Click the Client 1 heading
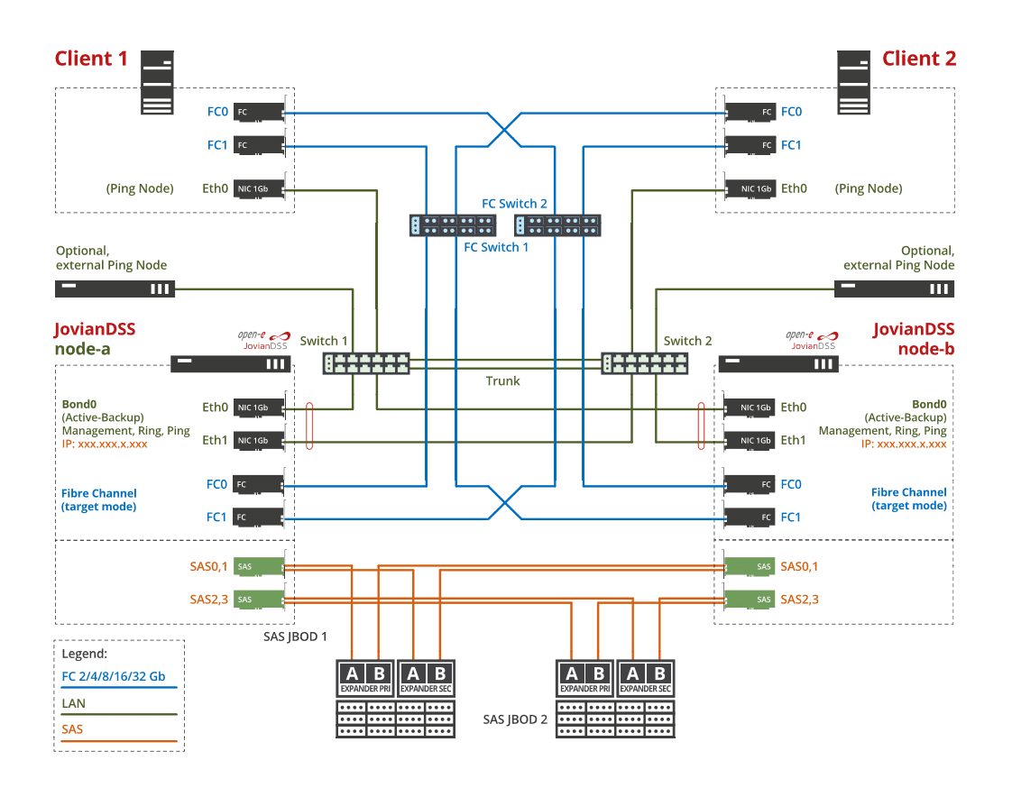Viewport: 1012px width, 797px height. pyautogui.click(x=91, y=59)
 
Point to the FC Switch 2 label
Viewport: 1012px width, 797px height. pyautogui.click(x=514, y=204)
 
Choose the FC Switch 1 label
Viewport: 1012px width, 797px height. pyautogui.click(x=496, y=247)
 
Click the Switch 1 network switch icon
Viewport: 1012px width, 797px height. pyautogui.click(x=366, y=362)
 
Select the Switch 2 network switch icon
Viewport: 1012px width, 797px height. pyautogui.click(x=645, y=362)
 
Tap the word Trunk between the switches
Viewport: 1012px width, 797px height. pyautogui.click(x=502, y=381)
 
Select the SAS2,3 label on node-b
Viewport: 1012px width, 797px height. pyautogui.click(x=799, y=599)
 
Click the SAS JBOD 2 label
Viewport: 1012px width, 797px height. pyautogui.click(x=515, y=719)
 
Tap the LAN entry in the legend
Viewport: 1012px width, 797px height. pyautogui.click(x=74, y=702)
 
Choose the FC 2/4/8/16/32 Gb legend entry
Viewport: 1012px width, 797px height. pyautogui.click(x=113, y=676)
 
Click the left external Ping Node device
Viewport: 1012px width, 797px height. pyautogui.click(x=115, y=289)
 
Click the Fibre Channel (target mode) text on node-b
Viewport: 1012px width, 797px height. pyautogui.click(x=908, y=499)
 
